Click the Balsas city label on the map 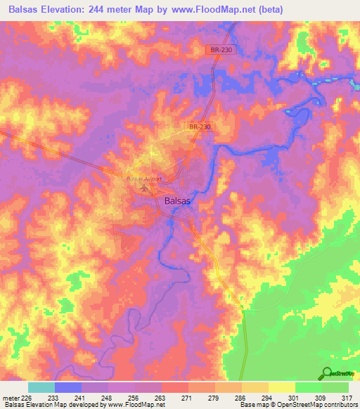click(176, 200)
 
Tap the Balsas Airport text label click(144, 179)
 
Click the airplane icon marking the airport click(146, 188)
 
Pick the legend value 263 click(160, 397)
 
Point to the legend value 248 click(108, 397)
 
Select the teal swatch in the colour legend click(41, 387)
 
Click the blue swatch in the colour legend click(68, 387)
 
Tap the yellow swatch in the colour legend click(282, 387)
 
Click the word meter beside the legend click(11, 397)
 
